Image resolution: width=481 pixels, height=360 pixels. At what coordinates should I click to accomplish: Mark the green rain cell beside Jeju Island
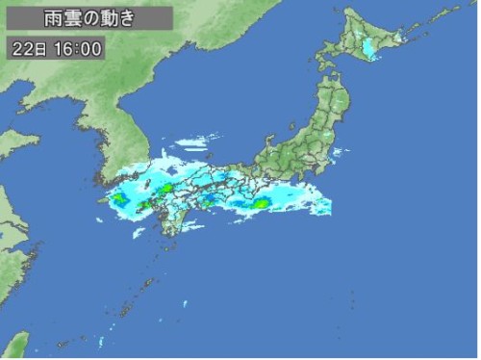click(119, 199)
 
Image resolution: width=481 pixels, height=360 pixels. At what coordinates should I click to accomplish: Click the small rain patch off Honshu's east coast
click(338, 151)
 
